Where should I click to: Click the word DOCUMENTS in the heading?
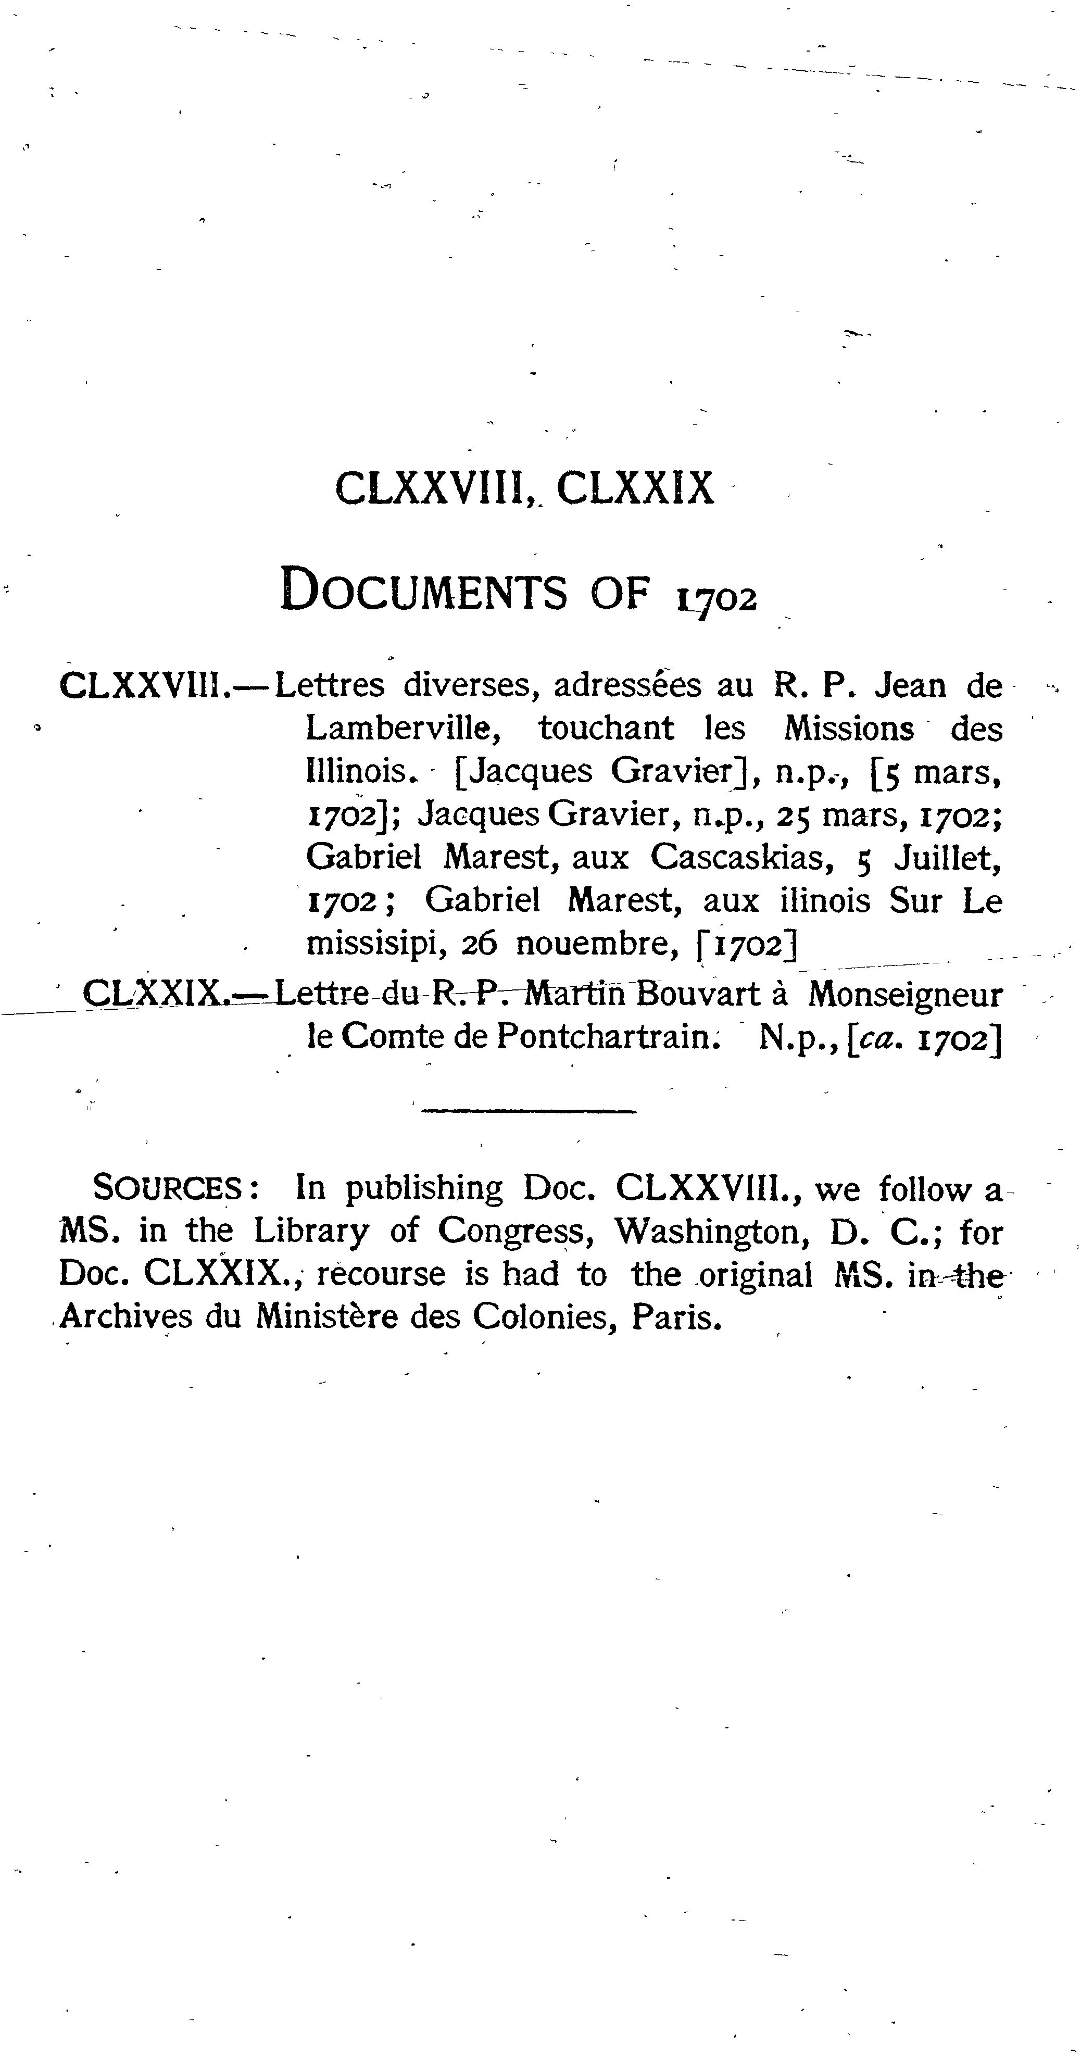tap(424, 591)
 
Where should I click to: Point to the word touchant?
tap(607, 729)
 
